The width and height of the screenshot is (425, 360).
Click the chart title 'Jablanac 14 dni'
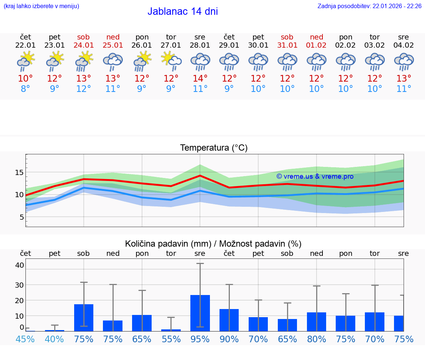pyautogui.click(x=183, y=11)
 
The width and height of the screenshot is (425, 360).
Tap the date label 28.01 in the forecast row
pyautogui.click(x=200, y=45)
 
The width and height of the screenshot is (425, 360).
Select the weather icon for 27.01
pyautogui.click(x=171, y=61)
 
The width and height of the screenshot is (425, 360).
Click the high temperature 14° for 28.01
pyautogui.click(x=200, y=79)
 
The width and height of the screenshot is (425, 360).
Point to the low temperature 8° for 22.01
pyautogui.click(x=25, y=89)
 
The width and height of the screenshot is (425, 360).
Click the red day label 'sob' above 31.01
pyautogui.click(x=287, y=37)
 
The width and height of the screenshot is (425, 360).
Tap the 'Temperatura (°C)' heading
pyautogui.click(x=214, y=148)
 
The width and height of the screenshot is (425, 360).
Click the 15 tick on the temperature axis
pyautogui.click(x=20, y=172)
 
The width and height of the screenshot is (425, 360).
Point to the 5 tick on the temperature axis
pyautogui.click(x=22, y=217)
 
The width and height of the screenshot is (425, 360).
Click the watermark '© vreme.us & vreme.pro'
pyautogui.click(x=315, y=176)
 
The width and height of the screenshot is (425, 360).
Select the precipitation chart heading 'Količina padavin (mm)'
pyautogui.click(x=168, y=244)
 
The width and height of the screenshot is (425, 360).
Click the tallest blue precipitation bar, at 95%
pyautogui.click(x=200, y=313)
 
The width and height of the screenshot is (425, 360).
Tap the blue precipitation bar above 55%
pyautogui.click(x=171, y=330)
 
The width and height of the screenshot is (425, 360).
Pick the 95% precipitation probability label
pyautogui.click(x=200, y=339)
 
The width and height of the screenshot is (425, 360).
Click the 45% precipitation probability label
pyautogui.click(x=25, y=339)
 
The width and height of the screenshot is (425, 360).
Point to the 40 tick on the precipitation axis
pyautogui.click(x=20, y=265)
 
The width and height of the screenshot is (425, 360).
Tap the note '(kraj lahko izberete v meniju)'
pyautogui.click(x=41, y=6)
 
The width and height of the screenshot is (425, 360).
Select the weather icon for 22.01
pyautogui.click(x=25, y=61)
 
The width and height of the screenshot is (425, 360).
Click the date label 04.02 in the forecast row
pyautogui.click(x=404, y=45)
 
